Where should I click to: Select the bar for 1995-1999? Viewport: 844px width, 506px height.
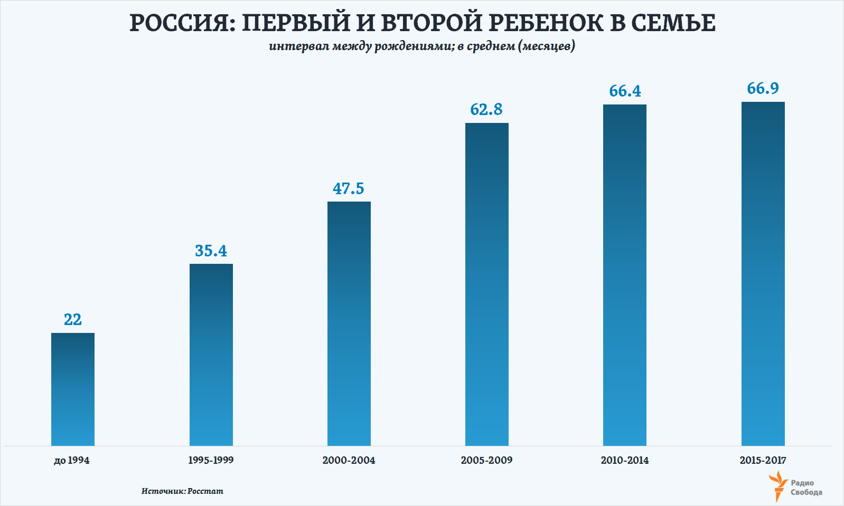click(x=211, y=355)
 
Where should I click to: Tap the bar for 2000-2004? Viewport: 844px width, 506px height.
click(x=349, y=323)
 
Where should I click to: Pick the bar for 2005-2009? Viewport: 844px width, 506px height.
click(x=487, y=284)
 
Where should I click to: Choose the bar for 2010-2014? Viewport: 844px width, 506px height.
click(x=625, y=275)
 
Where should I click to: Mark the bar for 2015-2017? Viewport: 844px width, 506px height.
click(x=763, y=274)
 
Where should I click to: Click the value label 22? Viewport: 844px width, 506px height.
click(x=73, y=320)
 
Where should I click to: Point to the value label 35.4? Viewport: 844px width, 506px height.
click(x=211, y=251)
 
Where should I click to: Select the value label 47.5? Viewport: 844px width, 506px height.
click(x=349, y=189)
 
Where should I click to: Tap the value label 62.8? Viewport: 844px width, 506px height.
click(x=486, y=110)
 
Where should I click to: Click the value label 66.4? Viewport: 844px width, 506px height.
click(x=625, y=91)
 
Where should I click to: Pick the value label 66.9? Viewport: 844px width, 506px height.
click(x=763, y=89)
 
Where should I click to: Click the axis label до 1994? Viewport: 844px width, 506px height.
click(x=72, y=461)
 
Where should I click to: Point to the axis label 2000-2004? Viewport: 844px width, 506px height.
click(x=349, y=461)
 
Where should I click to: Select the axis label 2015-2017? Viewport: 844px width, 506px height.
click(x=763, y=461)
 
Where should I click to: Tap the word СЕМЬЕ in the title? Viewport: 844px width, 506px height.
click(x=673, y=23)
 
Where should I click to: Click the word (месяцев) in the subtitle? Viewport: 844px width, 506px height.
click(x=547, y=46)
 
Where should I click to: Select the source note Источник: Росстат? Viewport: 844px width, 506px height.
click(x=182, y=491)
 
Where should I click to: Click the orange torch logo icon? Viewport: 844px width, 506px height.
click(x=778, y=486)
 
